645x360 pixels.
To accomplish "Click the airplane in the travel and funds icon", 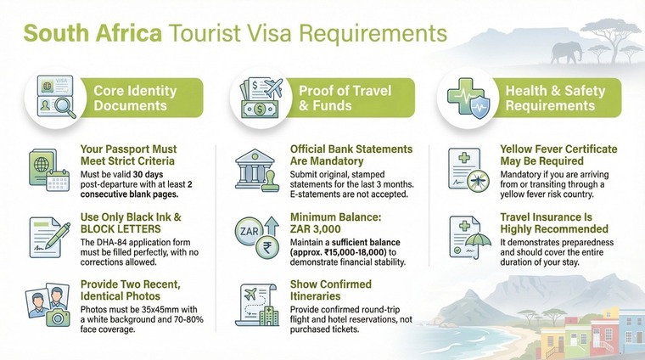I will point(272,87).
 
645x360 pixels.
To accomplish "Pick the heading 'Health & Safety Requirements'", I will point(549,98).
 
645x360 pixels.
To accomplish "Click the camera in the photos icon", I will point(59,317).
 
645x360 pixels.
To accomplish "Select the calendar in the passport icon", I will point(59,180).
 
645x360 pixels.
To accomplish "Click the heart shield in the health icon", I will point(479,108).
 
